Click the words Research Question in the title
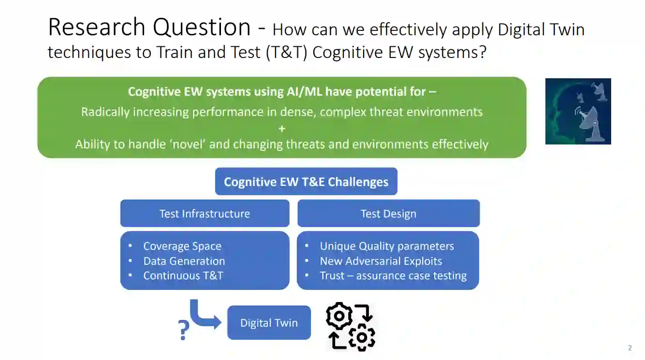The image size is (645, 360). pos(149,28)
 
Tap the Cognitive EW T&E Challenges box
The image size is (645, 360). pos(306,182)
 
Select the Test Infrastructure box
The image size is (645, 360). pos(205,214)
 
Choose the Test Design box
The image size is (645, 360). pos(388,214)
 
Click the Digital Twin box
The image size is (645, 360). pos(269,323)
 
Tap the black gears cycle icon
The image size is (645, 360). pos(351,326)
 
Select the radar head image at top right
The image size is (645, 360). pos(578,111)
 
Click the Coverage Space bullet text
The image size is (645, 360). pos(182,246)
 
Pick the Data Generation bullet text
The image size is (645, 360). pos(184,261)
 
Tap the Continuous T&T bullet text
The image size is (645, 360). pos(183,275)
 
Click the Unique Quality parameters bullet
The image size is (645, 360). pos(387,246)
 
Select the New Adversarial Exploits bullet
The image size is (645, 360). pos(381,261)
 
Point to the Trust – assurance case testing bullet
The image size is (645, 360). pos(393,275)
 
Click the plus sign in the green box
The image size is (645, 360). pos(282,128)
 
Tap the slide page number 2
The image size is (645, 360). pos(630,347)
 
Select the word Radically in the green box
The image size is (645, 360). pos(105,112)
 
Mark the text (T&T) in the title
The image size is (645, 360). pos(286,52)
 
